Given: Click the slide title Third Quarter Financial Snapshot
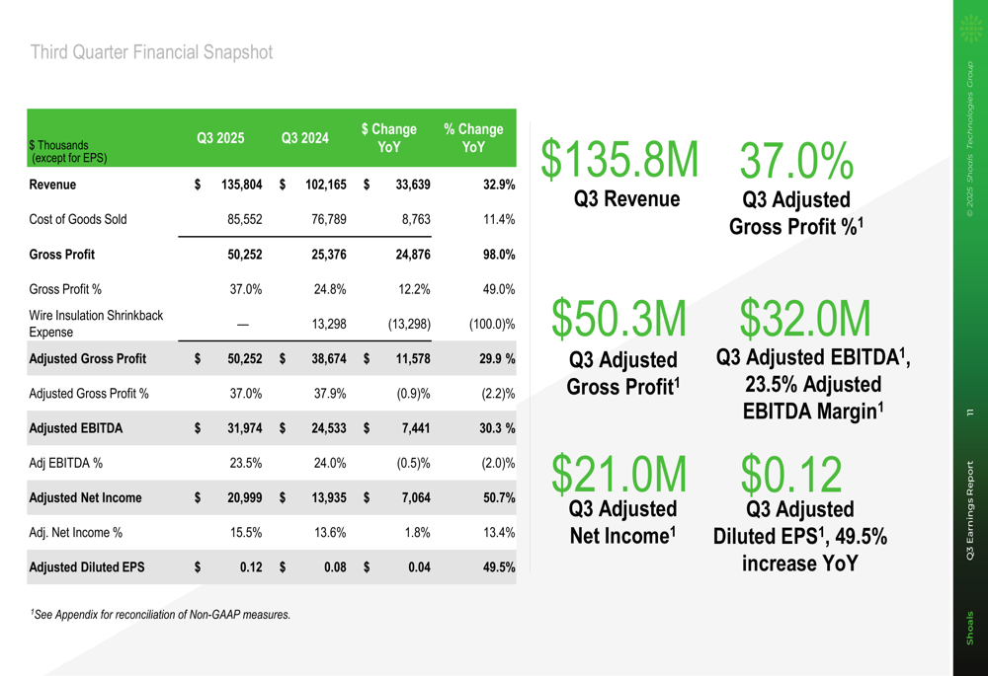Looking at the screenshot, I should point(151,52).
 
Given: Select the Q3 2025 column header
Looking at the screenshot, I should point(220,138).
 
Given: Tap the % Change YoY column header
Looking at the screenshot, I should point(473,138).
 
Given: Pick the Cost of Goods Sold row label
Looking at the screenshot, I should point(78,219).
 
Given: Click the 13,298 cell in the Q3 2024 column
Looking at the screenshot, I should point(328,324).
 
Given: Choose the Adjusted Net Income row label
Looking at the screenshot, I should point(85,497).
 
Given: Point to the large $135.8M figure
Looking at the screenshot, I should point(619,159).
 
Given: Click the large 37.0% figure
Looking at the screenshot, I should point(796,161).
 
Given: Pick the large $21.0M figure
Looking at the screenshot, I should point(619,474).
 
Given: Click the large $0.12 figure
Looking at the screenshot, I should point(791,474).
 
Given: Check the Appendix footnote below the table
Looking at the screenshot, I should point(160,615).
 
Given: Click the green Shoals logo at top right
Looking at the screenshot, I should point(971,30).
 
